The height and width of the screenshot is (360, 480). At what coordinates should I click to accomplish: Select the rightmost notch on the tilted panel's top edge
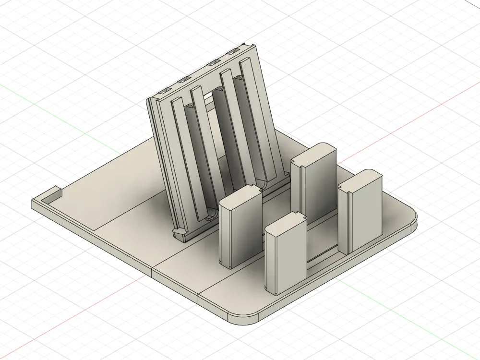click(234, 51)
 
